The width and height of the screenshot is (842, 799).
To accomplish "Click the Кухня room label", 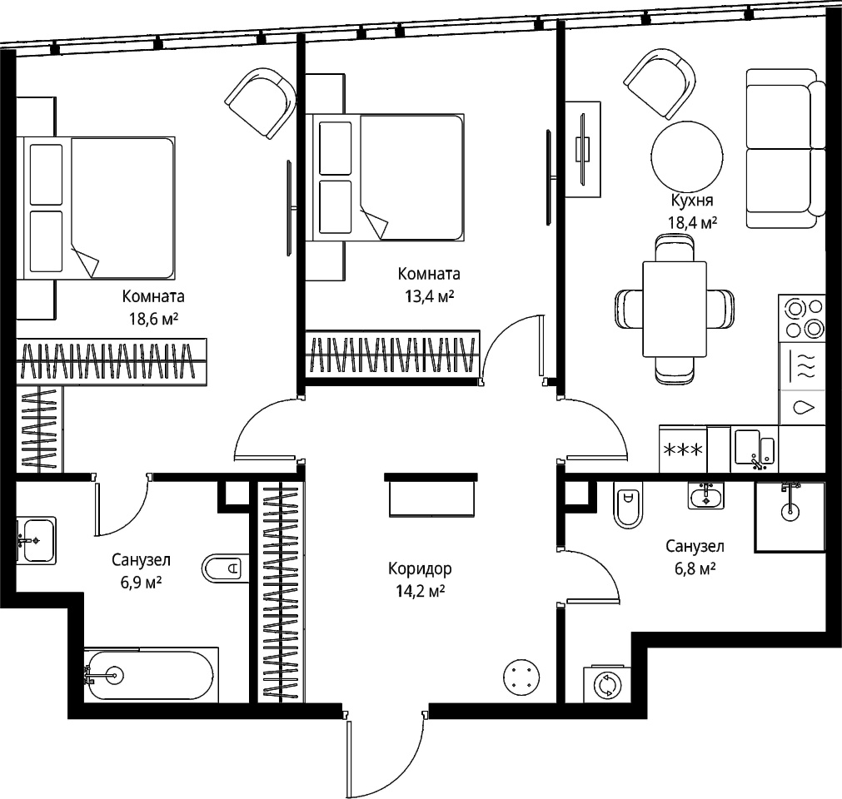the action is pyautogui.click(x=692, y=201).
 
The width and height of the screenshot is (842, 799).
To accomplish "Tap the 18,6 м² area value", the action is pyautogui.click(x=153, y=320).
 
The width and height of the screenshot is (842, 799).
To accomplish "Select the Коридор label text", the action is pyautogui.click(x=420, y=568).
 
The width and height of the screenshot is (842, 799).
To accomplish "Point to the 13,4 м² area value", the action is pyautogui.click(x=429, y=296).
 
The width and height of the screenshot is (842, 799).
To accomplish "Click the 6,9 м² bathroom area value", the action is pyautogui.click(x=142, y=583).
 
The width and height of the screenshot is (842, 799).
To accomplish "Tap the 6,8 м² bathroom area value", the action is pyautogui.click(x=695, y=568).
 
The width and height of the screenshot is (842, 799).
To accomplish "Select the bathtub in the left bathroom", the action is pyautogui.click(x=151, y=674).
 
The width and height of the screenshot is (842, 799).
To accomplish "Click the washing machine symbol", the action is pyautogui.click(x=607, y=684).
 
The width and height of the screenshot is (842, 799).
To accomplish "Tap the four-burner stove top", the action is pyautogui.click(x=802, y=317).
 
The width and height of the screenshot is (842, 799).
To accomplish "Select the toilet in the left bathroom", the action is pyautogui.click(x=226, y=568).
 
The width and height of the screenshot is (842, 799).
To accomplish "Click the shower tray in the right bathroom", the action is pyautogui.click(x=790, y=516).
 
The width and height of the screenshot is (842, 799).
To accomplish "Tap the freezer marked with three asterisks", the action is pyautogui.click(x=683, y=449).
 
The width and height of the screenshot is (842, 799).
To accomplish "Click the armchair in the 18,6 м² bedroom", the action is pyautogui.click(x=261, y=103).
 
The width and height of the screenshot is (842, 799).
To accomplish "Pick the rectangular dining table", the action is pyautogui.click(x=675, y=309).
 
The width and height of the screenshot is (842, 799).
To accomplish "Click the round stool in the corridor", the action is pyautogui.click(x=521, y=677).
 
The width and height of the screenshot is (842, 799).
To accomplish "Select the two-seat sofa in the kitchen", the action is pyautogui.click(x=785, y=149).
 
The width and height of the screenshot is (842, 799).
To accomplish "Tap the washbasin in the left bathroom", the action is pyautogui.click(x=36, y=540).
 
